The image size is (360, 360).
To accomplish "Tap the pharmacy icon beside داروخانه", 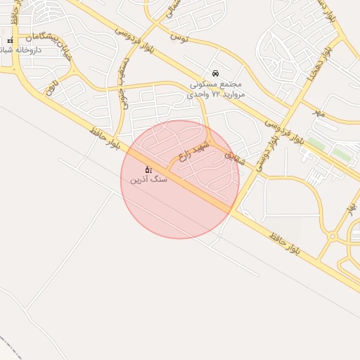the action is (x=10, y=41).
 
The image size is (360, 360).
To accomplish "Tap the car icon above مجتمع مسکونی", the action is (x=214, y=72).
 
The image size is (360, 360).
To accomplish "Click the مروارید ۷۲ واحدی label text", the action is (x=217, y=93).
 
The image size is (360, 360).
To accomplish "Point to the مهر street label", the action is (x=319, y=112).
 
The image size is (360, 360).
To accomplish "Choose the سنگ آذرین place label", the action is (x=148, y=180).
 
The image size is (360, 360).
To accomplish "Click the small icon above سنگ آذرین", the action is (x=148, y=169).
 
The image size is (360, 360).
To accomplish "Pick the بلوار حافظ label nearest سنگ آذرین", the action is (x=105, y=139).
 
